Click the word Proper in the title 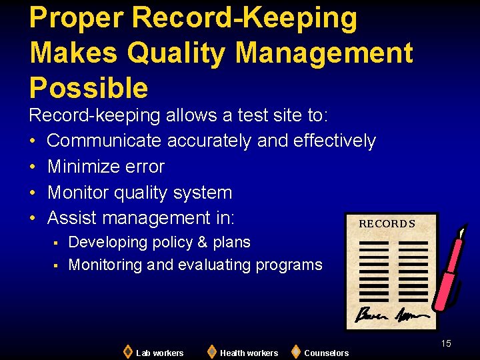(76, 19)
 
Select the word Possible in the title (89, 87)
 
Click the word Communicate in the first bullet (104, 141)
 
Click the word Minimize (87, 167)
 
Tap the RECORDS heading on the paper (387, 224)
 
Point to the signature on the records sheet (387, 313)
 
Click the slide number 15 (445, 343)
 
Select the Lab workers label (159, 353)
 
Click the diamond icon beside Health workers (211, 351)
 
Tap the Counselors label (326, 353)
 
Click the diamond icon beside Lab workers (127, 351)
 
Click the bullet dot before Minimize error (33, 167)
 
